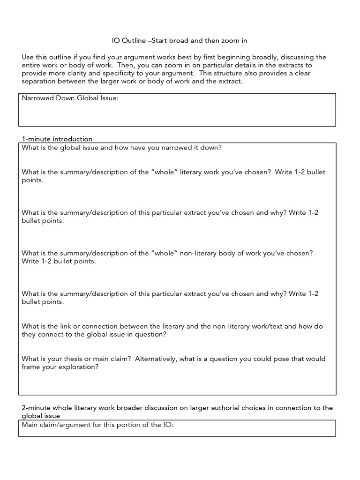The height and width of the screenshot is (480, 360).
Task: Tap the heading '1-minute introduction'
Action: [x=57, y=139]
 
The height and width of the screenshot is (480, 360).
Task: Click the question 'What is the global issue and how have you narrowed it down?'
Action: [x=121, y=147]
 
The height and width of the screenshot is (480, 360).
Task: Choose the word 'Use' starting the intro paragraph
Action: [x=28, y=57]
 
